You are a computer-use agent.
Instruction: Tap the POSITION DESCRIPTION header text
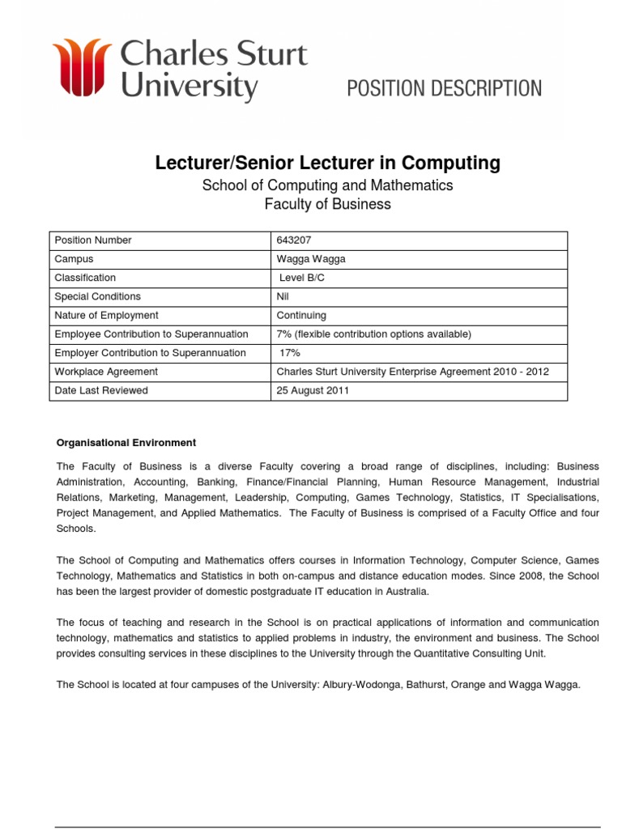pyautogui.click(x=445, y=88)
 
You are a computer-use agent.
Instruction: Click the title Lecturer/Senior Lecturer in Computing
pyautogui.click(x=327, y=164)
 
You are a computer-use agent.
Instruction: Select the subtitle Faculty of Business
pyautogui.click(x=327, y=204)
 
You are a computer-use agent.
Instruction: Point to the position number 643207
pyautogui.click(x=294, y=240)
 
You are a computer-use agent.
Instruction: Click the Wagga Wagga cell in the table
pyautogui.click(x=311, y=259)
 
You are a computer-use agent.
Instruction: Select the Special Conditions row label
pyautogui.click(x=97, y=296)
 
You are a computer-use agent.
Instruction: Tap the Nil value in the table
pyautogui.click(x=283, y=296)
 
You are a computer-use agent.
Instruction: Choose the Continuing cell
pyautogui.click(x=301, y=315)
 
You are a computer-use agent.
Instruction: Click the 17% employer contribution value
pyautogui.click(x=290, y=353)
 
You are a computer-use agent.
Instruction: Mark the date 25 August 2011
pyautogui.click(x=313, y=390)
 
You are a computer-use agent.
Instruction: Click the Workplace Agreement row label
pyautogui.click(x=106, y=372)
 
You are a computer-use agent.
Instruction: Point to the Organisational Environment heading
pyautogui.click(x=126, y=443)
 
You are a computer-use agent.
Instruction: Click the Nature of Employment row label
pyautogui.click(x=106, y=315)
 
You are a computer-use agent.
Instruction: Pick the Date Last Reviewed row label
pyautogui.click(x=101, y=390)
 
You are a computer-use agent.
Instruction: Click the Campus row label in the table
pyautogui.click(x=74, y=259)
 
